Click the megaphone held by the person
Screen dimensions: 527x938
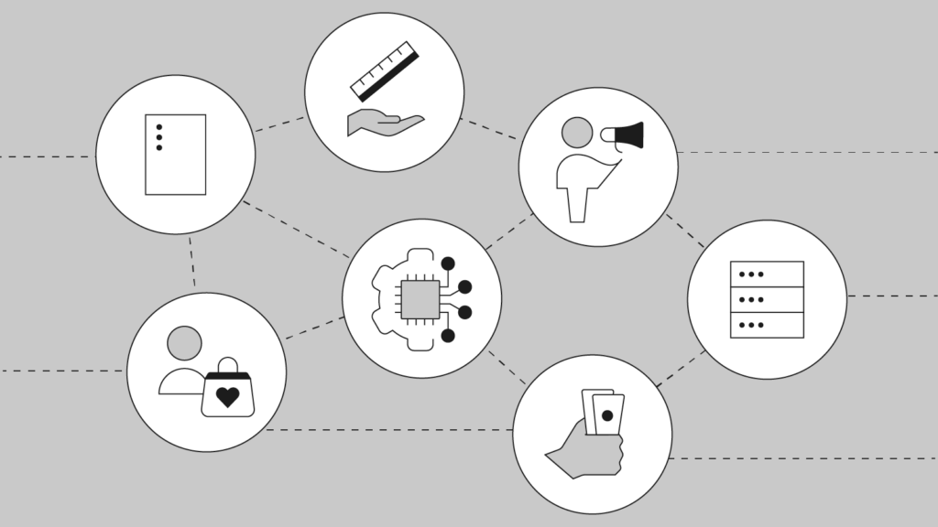626,136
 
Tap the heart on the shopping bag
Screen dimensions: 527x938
227,397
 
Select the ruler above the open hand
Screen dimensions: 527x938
385,70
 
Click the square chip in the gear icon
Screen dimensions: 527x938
420,299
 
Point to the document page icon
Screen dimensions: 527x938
175,155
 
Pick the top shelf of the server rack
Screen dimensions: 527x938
767,274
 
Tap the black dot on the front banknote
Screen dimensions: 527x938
607,416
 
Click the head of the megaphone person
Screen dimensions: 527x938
577,132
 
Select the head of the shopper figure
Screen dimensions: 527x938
185,343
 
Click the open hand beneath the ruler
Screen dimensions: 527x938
383,123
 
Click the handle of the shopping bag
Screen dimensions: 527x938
227,366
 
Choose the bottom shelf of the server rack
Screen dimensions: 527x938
767,325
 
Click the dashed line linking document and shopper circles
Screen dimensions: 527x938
192,263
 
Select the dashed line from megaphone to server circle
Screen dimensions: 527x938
685,231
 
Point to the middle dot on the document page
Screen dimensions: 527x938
159,137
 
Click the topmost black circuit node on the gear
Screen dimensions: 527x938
448,263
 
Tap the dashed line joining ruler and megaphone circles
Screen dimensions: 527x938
488,129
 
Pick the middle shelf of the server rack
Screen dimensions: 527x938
767,299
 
